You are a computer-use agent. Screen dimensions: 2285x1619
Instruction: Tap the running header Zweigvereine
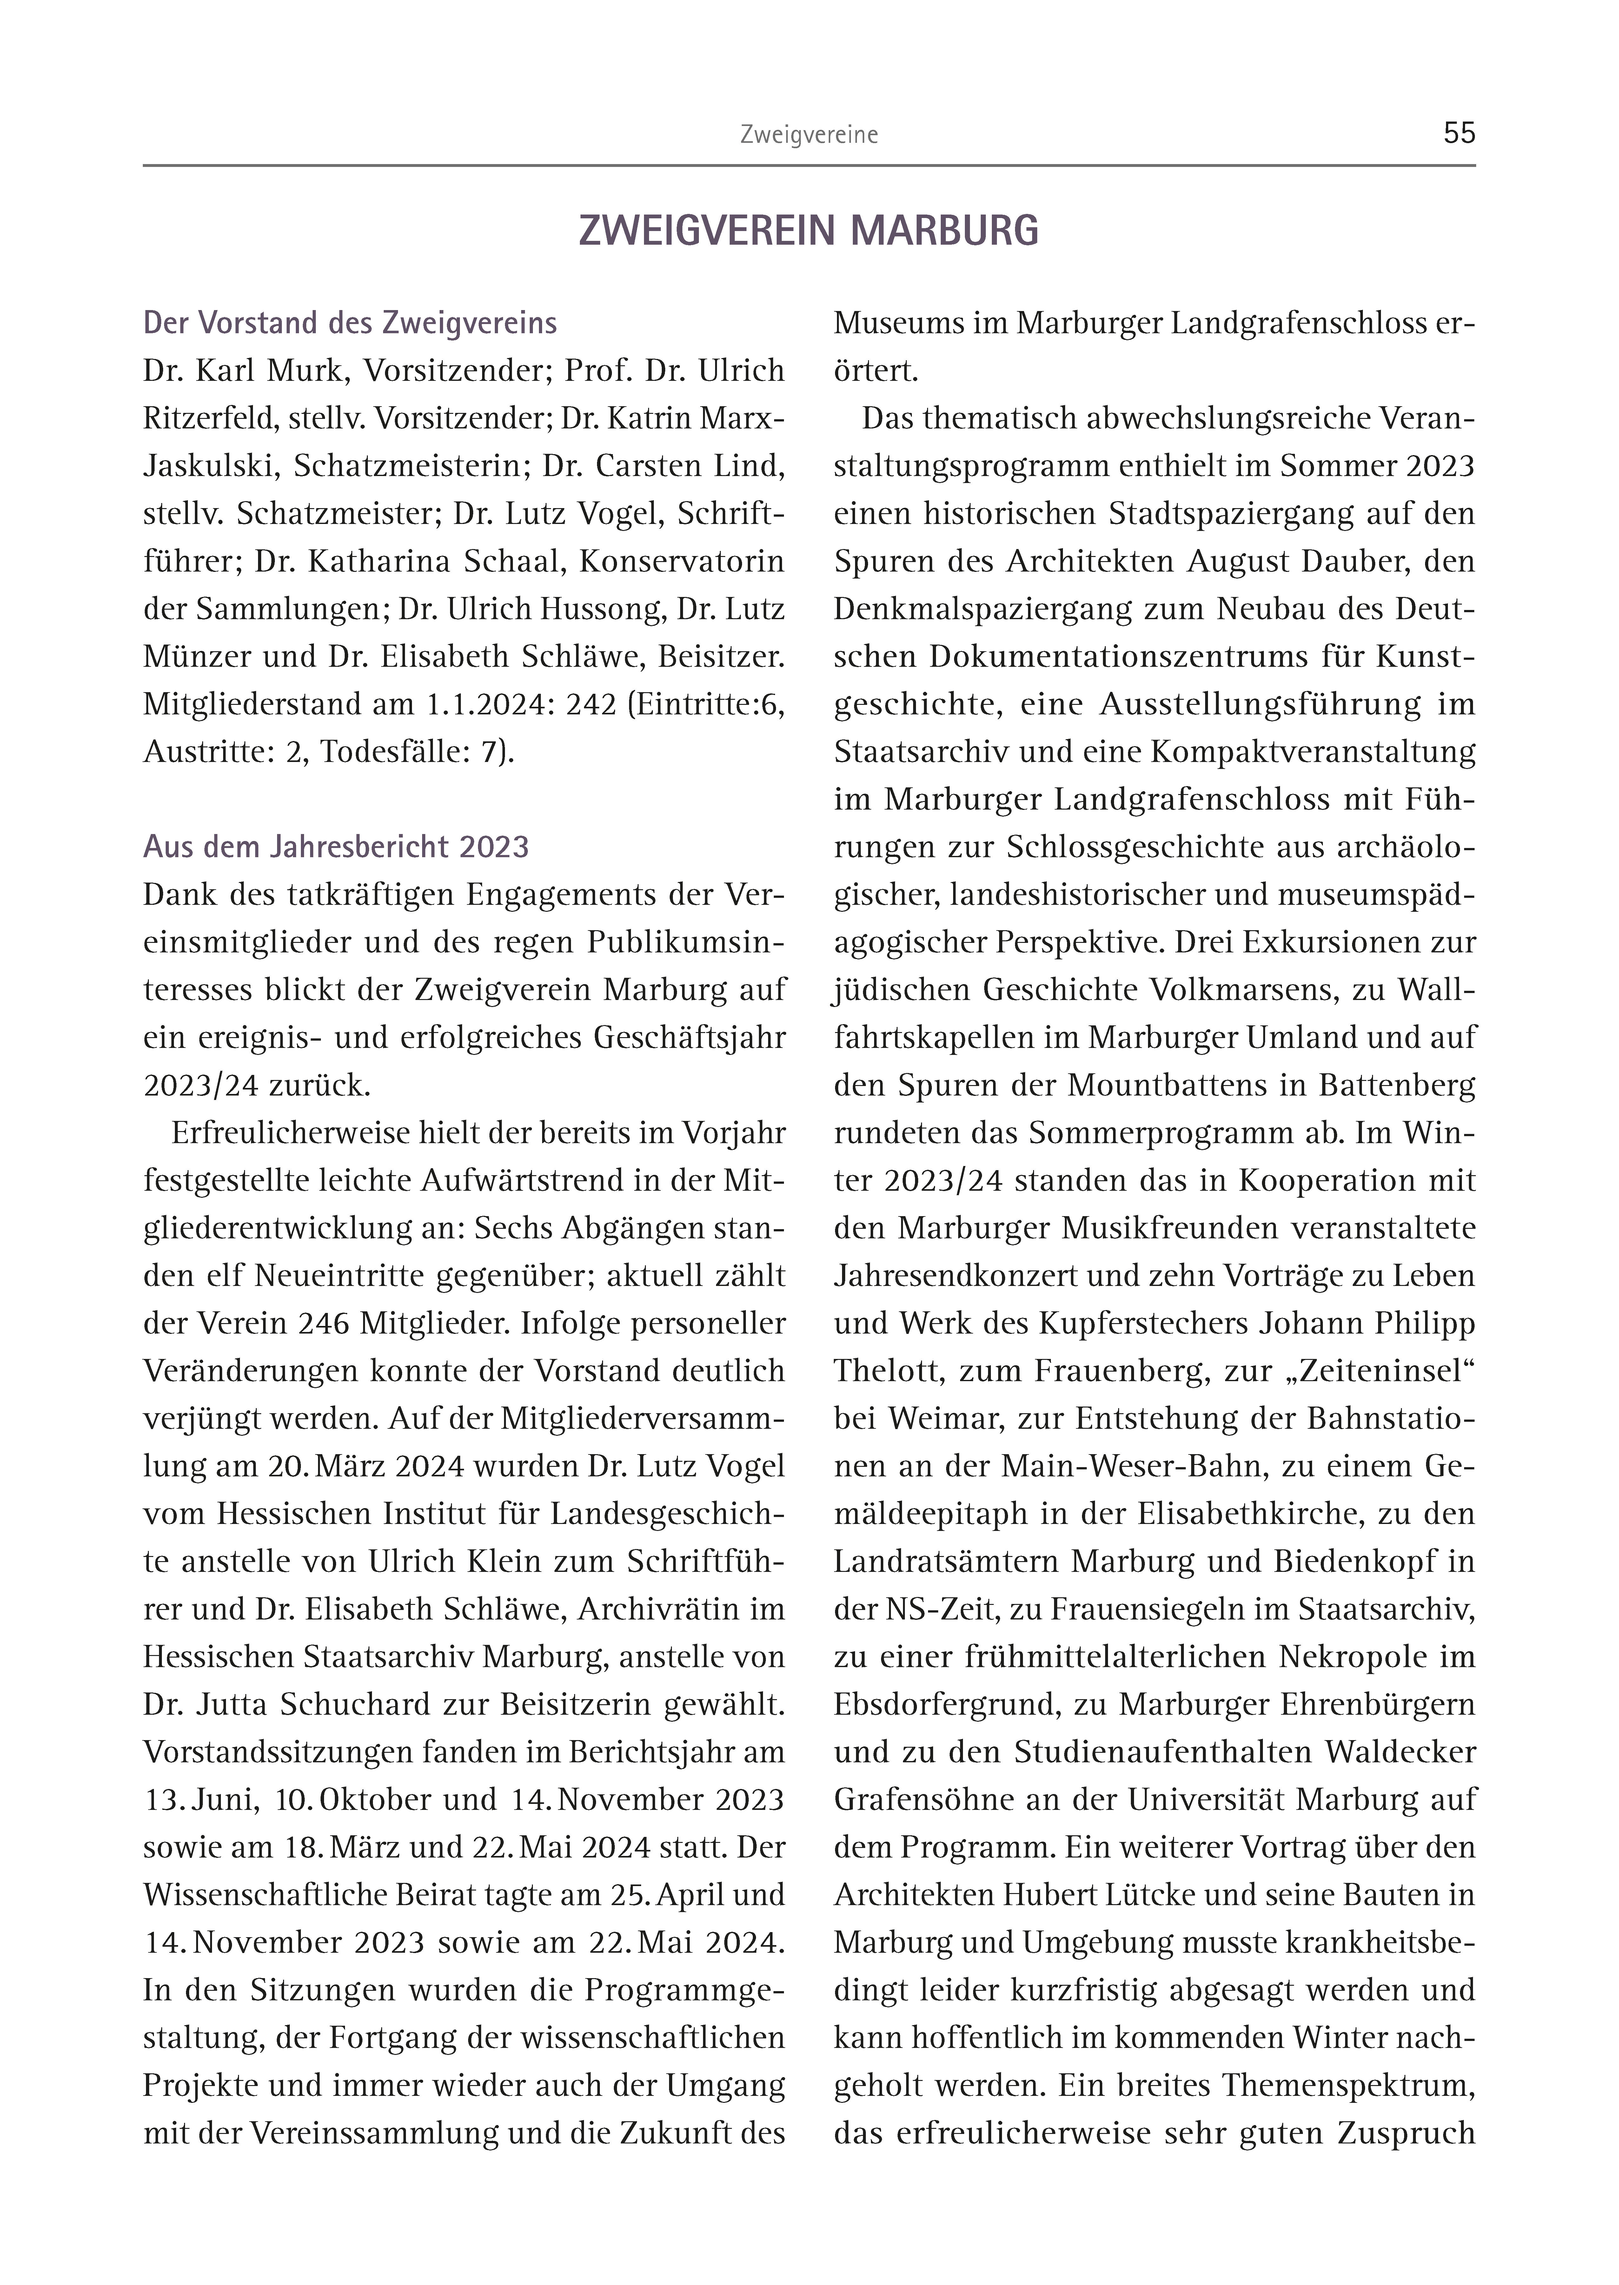[x=808, y=136]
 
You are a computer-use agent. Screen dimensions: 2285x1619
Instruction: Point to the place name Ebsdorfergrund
[x=946, y=1704]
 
